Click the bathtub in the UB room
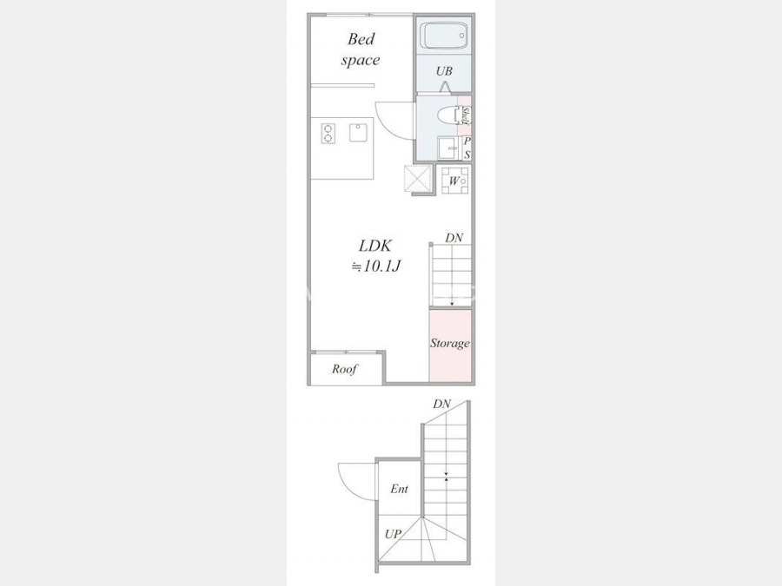(x=443, y=36)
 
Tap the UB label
(x=444, y=71)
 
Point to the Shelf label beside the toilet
(x=466, y=115)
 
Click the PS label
(x=467, y=148)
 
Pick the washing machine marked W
(x=454, y=180)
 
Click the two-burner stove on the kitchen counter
(x=328, y=134)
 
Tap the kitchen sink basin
(x=359, y=133)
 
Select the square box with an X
(x=417, y=179)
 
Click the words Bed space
(x=361, y=49)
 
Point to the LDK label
(x=375, y=246)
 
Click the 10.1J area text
(x=376, y=267)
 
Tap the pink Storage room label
(x=450, y=343)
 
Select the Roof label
(x=345, y=369)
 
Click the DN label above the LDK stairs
(x=454, y=238)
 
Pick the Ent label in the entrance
(x=399, y=489)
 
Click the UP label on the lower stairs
(x=393, y=534)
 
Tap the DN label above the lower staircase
(x=442, y=404)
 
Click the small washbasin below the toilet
(x=447, y=148)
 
